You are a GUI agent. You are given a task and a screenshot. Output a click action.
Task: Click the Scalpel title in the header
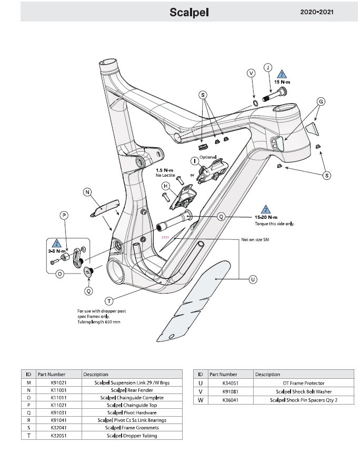[x=189, y=13]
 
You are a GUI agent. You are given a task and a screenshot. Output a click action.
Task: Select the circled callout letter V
[x=251, y=73]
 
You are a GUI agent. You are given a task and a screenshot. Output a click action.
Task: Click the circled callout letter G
[x=321, y=101]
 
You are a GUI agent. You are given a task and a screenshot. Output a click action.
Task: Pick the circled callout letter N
[x=87, y=193]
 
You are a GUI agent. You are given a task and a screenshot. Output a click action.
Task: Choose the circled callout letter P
[x=64, y=216]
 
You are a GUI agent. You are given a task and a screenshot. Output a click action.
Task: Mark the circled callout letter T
[x=109, y=301]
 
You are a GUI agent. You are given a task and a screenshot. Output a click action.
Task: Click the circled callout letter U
[x=253, y=279]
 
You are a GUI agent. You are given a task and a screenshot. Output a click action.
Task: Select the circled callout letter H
[x=165, y=186]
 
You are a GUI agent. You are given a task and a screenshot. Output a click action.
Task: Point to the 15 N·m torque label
[x=283, y=83]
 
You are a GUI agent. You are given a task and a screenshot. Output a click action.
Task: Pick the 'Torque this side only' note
[x=274, y=224]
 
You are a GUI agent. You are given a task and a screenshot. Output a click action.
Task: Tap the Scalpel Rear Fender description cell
[x=132, y=390]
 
